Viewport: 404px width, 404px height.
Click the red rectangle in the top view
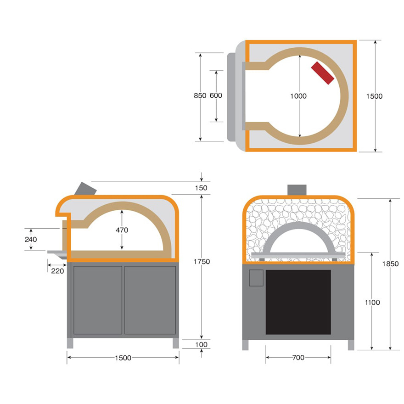(x=323, y=73)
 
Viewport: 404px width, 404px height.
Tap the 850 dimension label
(x=200, y=95)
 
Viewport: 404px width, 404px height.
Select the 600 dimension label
(x=216, y=95)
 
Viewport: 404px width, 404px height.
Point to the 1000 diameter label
(x=298, y=96)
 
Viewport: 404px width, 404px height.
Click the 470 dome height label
(x=122, y=230)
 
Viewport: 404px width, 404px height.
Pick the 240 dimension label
(x=31, y=239)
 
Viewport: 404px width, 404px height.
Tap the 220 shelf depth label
(x=57, y=271)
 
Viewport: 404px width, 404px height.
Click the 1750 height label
(x=202, y=262)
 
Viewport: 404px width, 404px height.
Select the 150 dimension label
(x=201, y=188)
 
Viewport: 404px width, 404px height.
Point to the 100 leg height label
(x=201, y=344)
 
